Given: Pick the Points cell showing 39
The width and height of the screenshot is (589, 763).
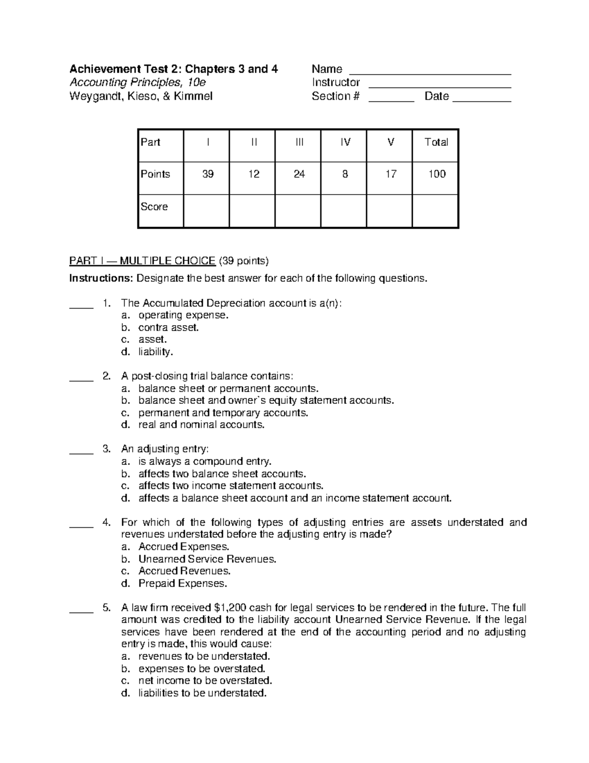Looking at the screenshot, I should click(x=208, y=174).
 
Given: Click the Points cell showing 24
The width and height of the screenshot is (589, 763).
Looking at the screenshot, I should click(x=299, y=174).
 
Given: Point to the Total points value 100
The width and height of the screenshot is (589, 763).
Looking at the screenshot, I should click(x=436, y=174).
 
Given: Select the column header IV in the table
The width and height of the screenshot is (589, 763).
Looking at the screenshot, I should click(x=345, y=142).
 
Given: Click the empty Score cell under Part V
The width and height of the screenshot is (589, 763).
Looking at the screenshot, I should click(x=390, y=211).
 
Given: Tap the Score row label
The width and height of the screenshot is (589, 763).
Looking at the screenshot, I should click(x=155, y=207).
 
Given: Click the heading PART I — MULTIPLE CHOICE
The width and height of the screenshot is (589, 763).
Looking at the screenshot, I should click(x=142, y=260).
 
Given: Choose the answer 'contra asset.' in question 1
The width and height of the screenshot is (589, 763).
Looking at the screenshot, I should click(x=168, y=328).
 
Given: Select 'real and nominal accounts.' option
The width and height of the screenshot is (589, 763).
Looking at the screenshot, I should click(x=201, y=424).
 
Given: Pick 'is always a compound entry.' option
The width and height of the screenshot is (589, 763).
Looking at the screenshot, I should click(x=205, y=461).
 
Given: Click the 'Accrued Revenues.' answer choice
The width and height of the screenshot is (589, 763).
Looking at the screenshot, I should click(x=185, y=571).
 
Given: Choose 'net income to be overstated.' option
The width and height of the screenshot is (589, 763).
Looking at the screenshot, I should click(x=205, y=680).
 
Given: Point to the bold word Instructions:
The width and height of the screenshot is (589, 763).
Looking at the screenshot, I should click(x=101, y=279).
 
